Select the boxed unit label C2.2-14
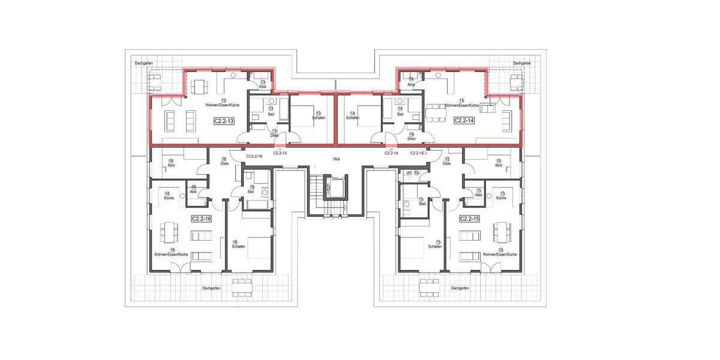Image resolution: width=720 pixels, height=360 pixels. tap(464, 121)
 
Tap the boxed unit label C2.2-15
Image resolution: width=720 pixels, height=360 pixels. tap(470, 219)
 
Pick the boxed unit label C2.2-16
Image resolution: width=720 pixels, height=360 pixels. tap(202, 219)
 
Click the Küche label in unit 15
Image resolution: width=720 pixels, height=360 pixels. tap(501, 197)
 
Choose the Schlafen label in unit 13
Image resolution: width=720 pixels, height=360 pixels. tap(319, 118)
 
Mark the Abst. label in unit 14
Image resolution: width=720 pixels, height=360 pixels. tap(412, 85)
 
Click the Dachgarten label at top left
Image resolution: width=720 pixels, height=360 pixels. tap(144, 63)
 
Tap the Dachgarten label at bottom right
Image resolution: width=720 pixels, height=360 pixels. tap(460, 288)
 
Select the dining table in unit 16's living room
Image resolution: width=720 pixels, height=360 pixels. tap(169, 230)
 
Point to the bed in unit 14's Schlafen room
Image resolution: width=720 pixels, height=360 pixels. tap(362, 112)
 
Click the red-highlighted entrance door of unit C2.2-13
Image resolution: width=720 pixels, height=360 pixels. tap(280, 145)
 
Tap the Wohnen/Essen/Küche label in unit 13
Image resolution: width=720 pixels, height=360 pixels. tap(223, 105)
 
